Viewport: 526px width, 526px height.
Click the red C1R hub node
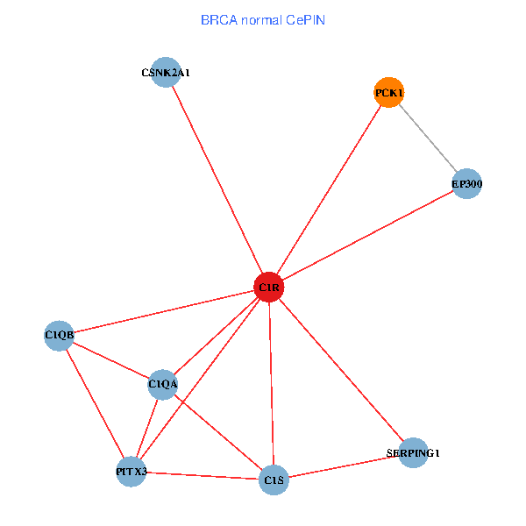tap(268, 288)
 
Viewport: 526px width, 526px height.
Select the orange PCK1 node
tap(388, 92)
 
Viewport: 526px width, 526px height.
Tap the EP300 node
tap(467, 184)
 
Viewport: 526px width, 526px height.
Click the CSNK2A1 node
tap(166, 73)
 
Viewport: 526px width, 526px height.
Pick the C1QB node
tap(60, 335)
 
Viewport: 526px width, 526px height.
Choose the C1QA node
tap(163, 384)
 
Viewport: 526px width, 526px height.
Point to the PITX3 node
tap(131, 473)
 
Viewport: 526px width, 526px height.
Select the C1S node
tap(274, 480)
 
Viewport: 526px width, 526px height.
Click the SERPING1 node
tap(413, 453)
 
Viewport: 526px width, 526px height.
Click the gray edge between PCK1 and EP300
tap(428, 139)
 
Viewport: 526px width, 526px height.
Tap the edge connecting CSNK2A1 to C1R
tap(217, 180)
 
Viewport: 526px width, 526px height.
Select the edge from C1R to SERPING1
tap(340, 370)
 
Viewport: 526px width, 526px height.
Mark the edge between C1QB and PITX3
tap(95, 403)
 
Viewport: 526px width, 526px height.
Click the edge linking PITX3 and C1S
tap(202, 476)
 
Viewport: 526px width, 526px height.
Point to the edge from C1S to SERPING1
tap(343, 466)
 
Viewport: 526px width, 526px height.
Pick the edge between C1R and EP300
tap(367, 236)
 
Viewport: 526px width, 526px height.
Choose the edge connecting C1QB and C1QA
tap(111, 359)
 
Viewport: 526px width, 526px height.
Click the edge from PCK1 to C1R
tap(328, 189)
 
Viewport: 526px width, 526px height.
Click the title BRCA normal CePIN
tap(263, 20)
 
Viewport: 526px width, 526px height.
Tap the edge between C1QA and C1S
tap(218, 431)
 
